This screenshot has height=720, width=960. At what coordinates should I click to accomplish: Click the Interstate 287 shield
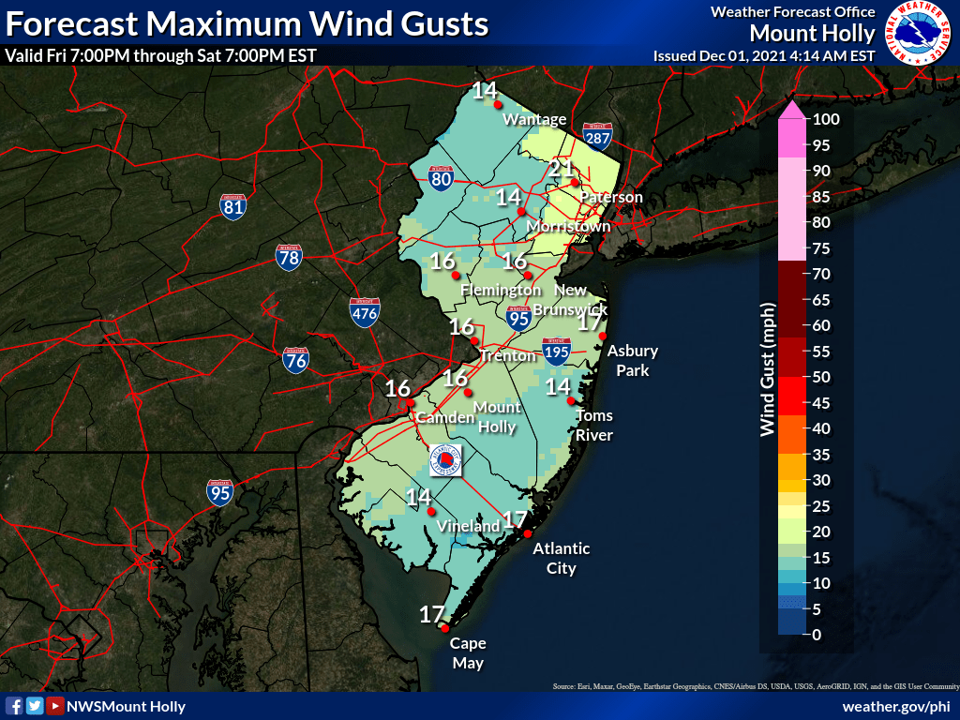click(x=597, y=138)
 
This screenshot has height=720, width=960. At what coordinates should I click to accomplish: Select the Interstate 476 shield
click(x=365, y=313)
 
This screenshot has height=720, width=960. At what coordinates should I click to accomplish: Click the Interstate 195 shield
click(x=556, y=352)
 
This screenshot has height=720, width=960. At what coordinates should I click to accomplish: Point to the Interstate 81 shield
click(x=234, y=207)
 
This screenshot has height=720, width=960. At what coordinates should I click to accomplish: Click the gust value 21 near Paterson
click(x=561, y=169)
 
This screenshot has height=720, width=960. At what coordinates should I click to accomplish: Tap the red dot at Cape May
click(x=444, y=629)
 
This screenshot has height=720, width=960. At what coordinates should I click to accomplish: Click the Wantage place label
click(x=534, y=119)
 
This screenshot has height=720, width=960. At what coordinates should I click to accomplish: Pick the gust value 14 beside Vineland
click(x=418, y=497)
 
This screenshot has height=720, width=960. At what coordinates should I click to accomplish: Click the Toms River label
click(x=594, y=426)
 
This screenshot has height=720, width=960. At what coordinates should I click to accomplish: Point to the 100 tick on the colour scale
click(x=826, y=119)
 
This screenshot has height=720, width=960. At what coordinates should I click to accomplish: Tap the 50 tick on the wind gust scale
click(x=821, y=377)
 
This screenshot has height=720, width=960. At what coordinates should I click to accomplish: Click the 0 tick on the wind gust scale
click(x=817, y=635)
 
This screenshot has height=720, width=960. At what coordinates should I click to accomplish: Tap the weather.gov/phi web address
click(x=896, y=706)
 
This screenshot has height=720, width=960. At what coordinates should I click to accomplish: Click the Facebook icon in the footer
click(x=14, y=706)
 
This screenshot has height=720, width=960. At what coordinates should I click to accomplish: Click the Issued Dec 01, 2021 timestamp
click(x=764, y=56)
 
